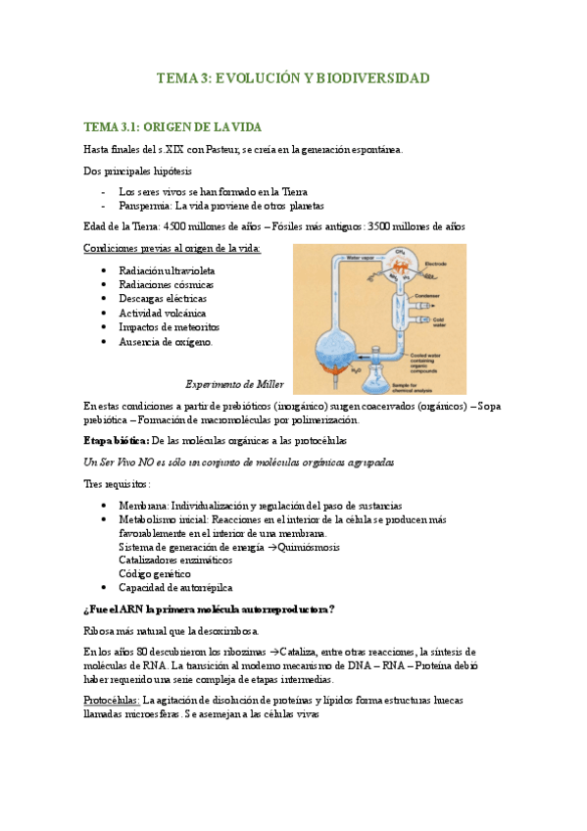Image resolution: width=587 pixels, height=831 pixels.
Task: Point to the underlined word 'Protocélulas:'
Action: point(112,701)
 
